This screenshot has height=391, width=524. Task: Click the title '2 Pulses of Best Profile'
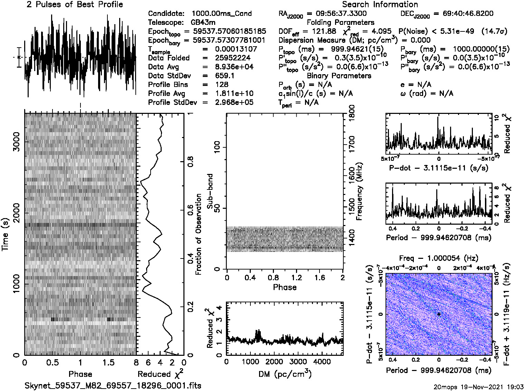[75, 4]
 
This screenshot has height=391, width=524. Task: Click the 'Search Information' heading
[380, 4]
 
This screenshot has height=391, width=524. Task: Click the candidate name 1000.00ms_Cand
[221, 13]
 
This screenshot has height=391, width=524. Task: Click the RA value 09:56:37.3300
[341, 13]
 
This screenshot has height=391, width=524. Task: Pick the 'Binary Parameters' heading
[339, 76]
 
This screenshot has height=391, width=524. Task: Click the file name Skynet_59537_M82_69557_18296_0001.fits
[113, 385]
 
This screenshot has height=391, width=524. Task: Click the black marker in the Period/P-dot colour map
[439, 314]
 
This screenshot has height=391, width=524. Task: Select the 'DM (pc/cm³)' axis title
[285, 374]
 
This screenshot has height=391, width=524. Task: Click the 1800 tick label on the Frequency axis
[352, 113]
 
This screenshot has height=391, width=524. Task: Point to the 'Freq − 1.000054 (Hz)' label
[439, 258]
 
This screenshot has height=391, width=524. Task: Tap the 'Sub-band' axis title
[210, 191]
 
